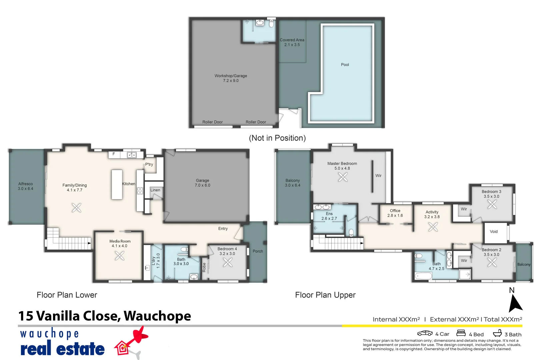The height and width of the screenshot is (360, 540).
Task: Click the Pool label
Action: [x=345, y=65]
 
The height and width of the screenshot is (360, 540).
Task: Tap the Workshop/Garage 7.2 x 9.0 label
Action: [x=231, y=78]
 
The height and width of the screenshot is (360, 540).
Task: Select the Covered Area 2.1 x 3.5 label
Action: [x=292, y=42]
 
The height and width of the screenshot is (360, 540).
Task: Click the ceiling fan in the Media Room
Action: [x=120, y=256]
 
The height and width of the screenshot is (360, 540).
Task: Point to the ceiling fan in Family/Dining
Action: [x=76, y=208]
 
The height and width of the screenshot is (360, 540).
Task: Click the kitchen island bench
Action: [x=117, y=185]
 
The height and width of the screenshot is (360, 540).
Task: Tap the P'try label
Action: [x=149, y=164]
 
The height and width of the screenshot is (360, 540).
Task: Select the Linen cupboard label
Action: [x=155, y=190]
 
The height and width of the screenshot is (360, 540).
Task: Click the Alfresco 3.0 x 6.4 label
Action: [x=26, y=186]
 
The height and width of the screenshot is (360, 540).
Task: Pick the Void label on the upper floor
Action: [x=494, y=231]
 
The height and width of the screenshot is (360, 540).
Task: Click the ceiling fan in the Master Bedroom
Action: [x=343, y=177]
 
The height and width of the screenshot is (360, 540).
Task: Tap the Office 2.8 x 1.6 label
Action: [x=395, y=213]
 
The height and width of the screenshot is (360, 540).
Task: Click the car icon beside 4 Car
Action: [x=425, y=333]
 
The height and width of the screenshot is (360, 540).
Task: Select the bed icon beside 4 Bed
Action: [x=461, y=333]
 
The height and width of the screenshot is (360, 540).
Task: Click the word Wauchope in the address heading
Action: [x=157, y=316]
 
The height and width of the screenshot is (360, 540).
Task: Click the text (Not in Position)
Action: [x=277, y=138]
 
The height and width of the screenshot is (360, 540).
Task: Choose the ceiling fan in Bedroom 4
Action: [x=228, y=263]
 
